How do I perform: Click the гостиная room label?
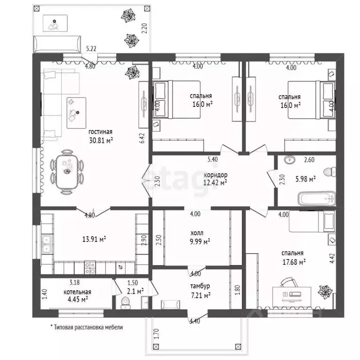pyautogui.click(x=101, y=132)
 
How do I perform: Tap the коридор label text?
pyautogui.click(x=216, y=175)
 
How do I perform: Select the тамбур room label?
pyautogui.click(x=200, y=286)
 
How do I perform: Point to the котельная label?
pyautogui.click(x=77, y=292)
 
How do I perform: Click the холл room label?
pyautogui.click(x=197, y=233)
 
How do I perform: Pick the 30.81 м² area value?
pyautogui.click(x=101, y=140)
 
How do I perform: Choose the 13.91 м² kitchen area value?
pyautogui.click(x=94, y=239)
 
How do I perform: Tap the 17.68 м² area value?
pyautogui.click(x=294, y=262)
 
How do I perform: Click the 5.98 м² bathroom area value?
pyautogui.click(x=305, y=179)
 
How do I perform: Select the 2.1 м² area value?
pyautogui.click(x=135, y=292)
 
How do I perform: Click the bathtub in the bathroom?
pyautogui.click(x=317, y=199)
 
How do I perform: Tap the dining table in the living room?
pyautogui.click(x=67, y=171)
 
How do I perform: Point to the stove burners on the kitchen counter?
pyautogui.click(x=90, y=268)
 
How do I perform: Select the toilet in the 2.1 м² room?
pyautogui.click(x=125, y=303)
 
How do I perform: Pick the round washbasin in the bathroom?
pyautogui.click(x=290, y=159)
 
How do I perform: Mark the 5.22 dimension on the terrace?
pyautogui.click(x=91, y=49)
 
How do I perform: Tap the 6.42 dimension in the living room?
pyautogui.click(x=142, y=138)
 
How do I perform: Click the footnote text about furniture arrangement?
pyautogui.click(x=87, y=327)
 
